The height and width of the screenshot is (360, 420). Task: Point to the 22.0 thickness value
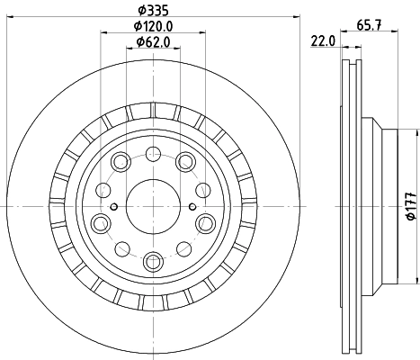[x=323, y=40]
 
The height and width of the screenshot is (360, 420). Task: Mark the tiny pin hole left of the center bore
[x=113, y=206]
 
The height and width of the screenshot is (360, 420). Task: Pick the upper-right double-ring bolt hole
[x=186, y=162]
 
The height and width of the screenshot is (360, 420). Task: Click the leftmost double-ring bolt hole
[x=98, y=221]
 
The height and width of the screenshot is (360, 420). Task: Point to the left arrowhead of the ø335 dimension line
[x=5, y=17]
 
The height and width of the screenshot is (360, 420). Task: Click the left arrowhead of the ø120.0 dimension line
[x=102, y=34]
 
